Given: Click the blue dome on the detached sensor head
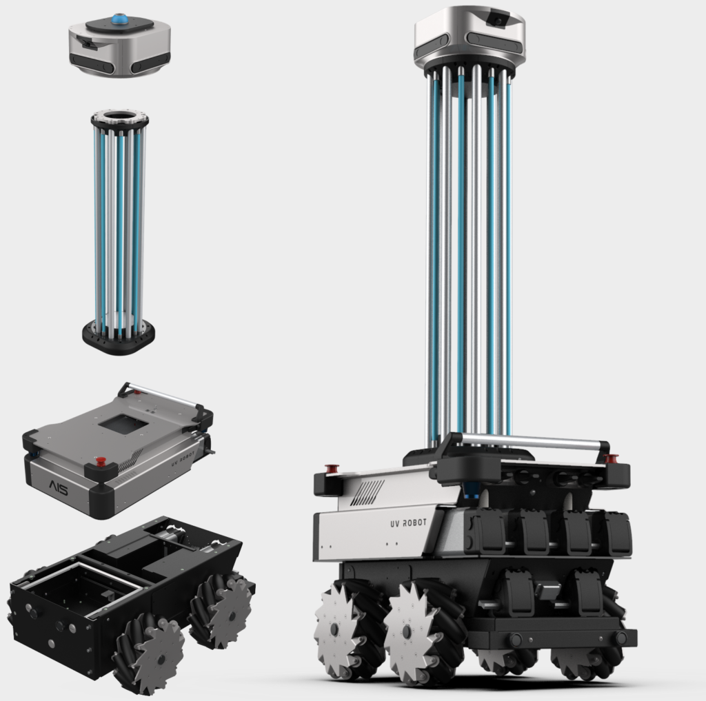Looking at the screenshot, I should click(x=121, y=19).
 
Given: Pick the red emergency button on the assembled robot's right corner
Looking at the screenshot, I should click(x=611, y=458).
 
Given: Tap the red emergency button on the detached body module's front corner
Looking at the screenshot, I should click(x=101, y=460).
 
